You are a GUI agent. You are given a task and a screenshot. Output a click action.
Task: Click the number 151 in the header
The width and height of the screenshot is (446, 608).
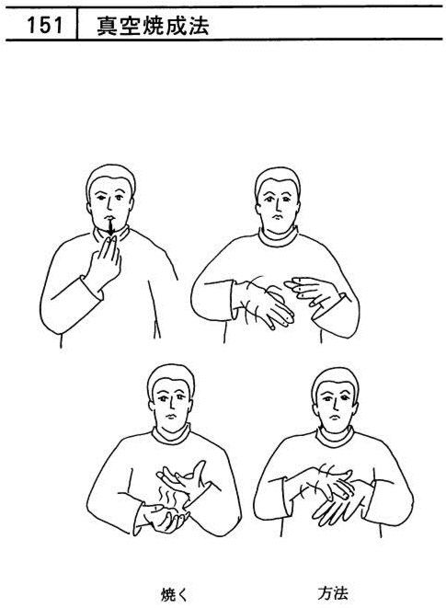coord(45,25)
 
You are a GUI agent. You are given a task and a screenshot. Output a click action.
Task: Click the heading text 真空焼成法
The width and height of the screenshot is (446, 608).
coord(153,26)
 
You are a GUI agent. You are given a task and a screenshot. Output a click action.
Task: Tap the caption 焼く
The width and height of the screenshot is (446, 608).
coord(174,593)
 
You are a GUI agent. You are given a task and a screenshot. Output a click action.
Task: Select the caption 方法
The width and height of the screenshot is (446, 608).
coord(333,593)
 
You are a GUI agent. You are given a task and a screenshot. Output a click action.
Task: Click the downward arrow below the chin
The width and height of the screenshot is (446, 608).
coord(111,227)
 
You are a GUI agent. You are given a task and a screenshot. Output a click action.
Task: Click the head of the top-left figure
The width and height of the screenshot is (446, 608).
coord(111,198)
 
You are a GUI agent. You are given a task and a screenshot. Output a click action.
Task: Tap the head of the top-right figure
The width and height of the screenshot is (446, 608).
coord(277,201)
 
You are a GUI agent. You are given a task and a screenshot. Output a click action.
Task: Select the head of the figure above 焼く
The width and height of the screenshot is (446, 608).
coord(171,397)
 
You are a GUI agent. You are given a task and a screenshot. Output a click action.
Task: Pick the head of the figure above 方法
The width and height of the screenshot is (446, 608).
coord(336,401)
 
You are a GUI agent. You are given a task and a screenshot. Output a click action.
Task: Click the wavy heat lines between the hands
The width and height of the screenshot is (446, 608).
coord(167,497)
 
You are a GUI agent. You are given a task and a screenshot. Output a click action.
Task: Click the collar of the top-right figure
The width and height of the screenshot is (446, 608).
coord(279,237)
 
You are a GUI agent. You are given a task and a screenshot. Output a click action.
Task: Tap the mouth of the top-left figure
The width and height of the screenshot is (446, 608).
coord(109,217)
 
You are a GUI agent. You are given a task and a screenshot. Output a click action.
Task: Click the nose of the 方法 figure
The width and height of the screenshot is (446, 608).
coord(334,407)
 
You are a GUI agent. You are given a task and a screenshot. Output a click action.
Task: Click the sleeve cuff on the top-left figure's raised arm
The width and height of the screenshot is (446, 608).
coord(92,289)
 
